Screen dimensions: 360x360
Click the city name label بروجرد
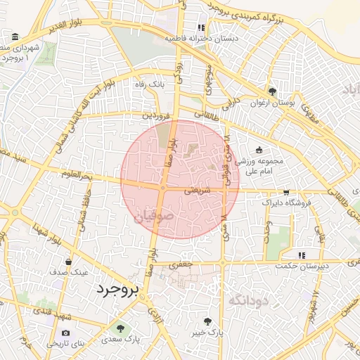118,289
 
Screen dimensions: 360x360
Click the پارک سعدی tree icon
120,328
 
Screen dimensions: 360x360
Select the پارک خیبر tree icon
207,321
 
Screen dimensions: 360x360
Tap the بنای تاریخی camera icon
66,333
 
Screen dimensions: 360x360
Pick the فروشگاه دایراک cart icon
285,192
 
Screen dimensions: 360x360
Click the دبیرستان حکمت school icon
302,255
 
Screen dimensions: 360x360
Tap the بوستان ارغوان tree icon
272,91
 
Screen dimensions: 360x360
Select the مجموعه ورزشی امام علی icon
259,150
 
